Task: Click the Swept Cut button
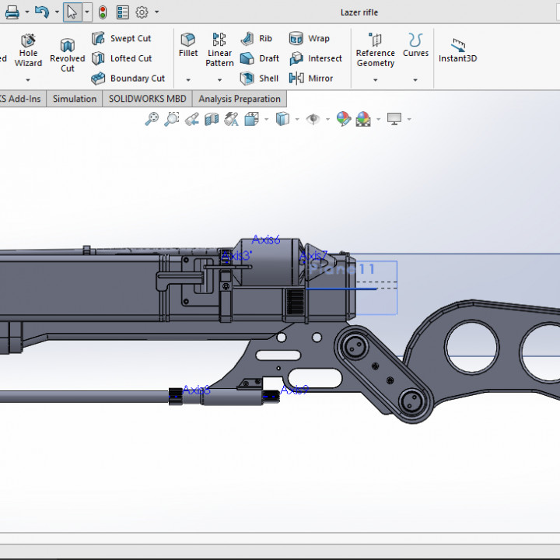[x=121, y=38]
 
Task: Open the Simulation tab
[x=75, y=99]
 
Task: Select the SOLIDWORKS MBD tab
[x=147, y=99]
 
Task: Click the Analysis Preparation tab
[x=240, y=99]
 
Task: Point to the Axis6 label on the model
[x=266, y=240]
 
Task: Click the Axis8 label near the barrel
[x=196, y=390]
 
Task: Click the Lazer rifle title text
[x=359, y=12]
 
